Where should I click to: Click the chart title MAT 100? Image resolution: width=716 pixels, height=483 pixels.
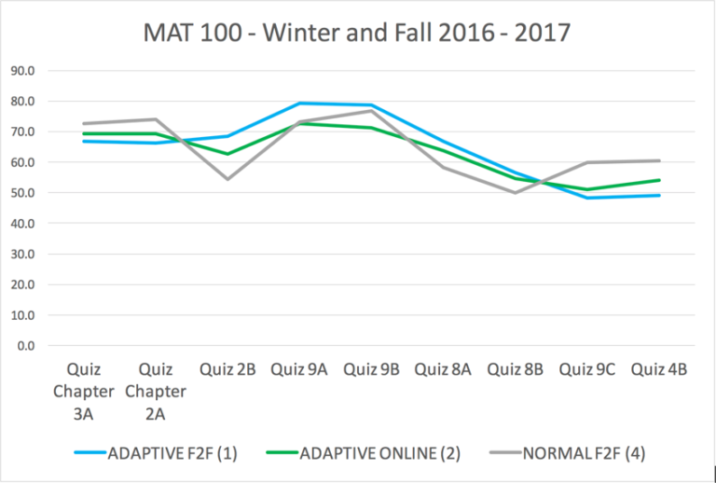357,34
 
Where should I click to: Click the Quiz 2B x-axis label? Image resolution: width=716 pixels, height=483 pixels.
227,369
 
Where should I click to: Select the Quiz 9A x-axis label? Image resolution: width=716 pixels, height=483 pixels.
299,369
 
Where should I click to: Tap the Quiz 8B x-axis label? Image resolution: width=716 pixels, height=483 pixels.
515,369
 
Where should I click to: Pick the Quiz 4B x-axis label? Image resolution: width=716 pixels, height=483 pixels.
659,369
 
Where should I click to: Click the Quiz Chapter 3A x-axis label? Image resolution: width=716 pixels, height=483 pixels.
84,391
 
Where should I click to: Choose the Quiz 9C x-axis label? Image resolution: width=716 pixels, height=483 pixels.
587,369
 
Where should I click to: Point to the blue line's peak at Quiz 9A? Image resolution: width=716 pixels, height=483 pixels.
299,103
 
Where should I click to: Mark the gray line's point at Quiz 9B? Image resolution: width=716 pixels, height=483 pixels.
371,110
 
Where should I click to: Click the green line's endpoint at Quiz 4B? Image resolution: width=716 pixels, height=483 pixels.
659,180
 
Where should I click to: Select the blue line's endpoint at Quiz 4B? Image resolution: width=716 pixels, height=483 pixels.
659,195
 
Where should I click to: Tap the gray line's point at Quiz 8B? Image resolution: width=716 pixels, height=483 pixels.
515,193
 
